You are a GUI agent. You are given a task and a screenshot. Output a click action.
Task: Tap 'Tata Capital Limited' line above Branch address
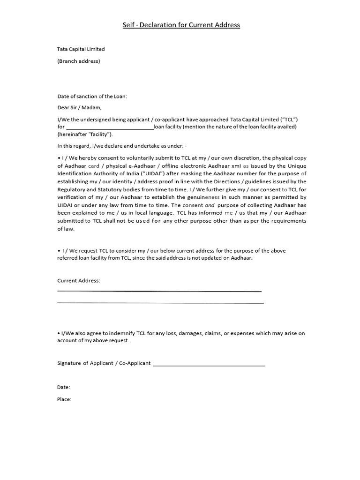(x=81, y=49)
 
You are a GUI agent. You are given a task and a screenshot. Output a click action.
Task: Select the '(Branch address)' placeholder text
(x=79, y=61)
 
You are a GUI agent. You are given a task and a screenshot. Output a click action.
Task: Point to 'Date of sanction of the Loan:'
(x=92, y=97)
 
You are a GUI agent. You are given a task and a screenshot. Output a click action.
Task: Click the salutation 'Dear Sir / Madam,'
(x=79, y=107)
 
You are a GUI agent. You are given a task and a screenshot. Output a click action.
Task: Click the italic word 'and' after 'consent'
(x=210, y=205)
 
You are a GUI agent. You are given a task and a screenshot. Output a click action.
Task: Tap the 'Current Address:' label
(x=79, y=280)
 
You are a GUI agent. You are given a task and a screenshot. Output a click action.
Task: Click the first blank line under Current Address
(x=159, y=291)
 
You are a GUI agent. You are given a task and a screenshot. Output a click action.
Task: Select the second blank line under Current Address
(x=160, y=303)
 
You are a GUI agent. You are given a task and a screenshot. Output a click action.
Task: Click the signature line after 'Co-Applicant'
(x=209, y=364)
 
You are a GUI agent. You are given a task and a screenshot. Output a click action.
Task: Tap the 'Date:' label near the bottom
(x=64, y=387)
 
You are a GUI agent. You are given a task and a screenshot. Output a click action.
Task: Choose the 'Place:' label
(x=64, y=399)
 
